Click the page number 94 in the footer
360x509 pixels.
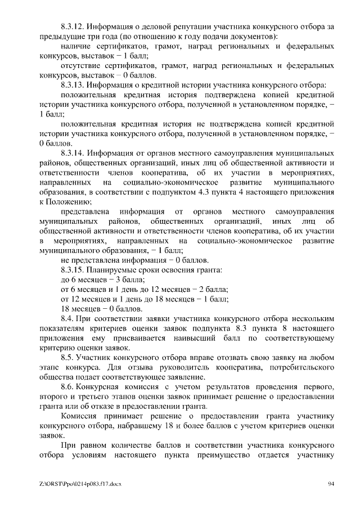click(331, 484)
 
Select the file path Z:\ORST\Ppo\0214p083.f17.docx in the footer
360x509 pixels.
click(76, 484)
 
